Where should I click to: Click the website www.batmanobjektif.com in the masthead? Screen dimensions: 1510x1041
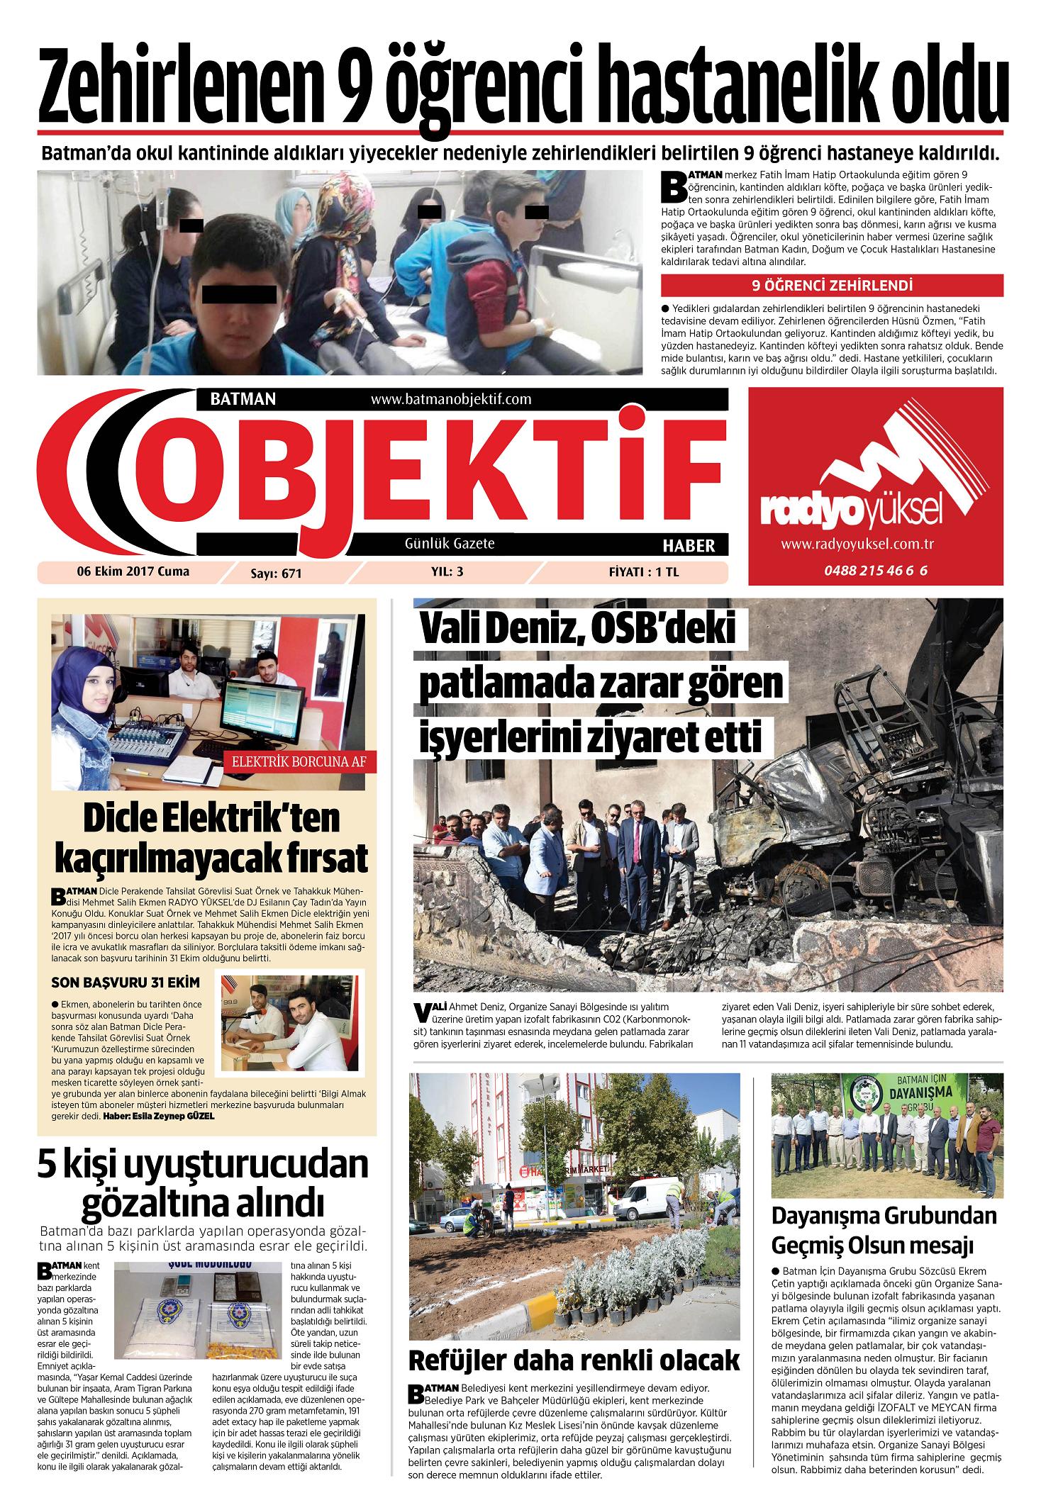pyautogui.click(x=451, y=399)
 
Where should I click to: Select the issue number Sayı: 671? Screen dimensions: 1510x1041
pyautogui.click(x=276, y=574)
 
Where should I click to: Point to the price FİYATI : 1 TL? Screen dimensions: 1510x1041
pyautogui.click(x=643, y=573)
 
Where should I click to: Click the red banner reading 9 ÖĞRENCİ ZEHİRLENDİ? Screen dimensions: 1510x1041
pyautogui.click(x=832, y=286)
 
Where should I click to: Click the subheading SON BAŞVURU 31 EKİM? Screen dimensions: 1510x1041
pyautogui.click(x=126, y=983)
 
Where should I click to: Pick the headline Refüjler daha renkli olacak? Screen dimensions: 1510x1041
pyautogui.click(x=574, y=1360)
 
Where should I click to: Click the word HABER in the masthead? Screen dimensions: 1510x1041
pyautogui.click(x=688, y=545)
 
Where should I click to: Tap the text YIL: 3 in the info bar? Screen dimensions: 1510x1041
pyautogui.click(x=447, y=572)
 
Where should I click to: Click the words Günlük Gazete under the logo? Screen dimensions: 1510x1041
pyautogui.click(x=450, y=544)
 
